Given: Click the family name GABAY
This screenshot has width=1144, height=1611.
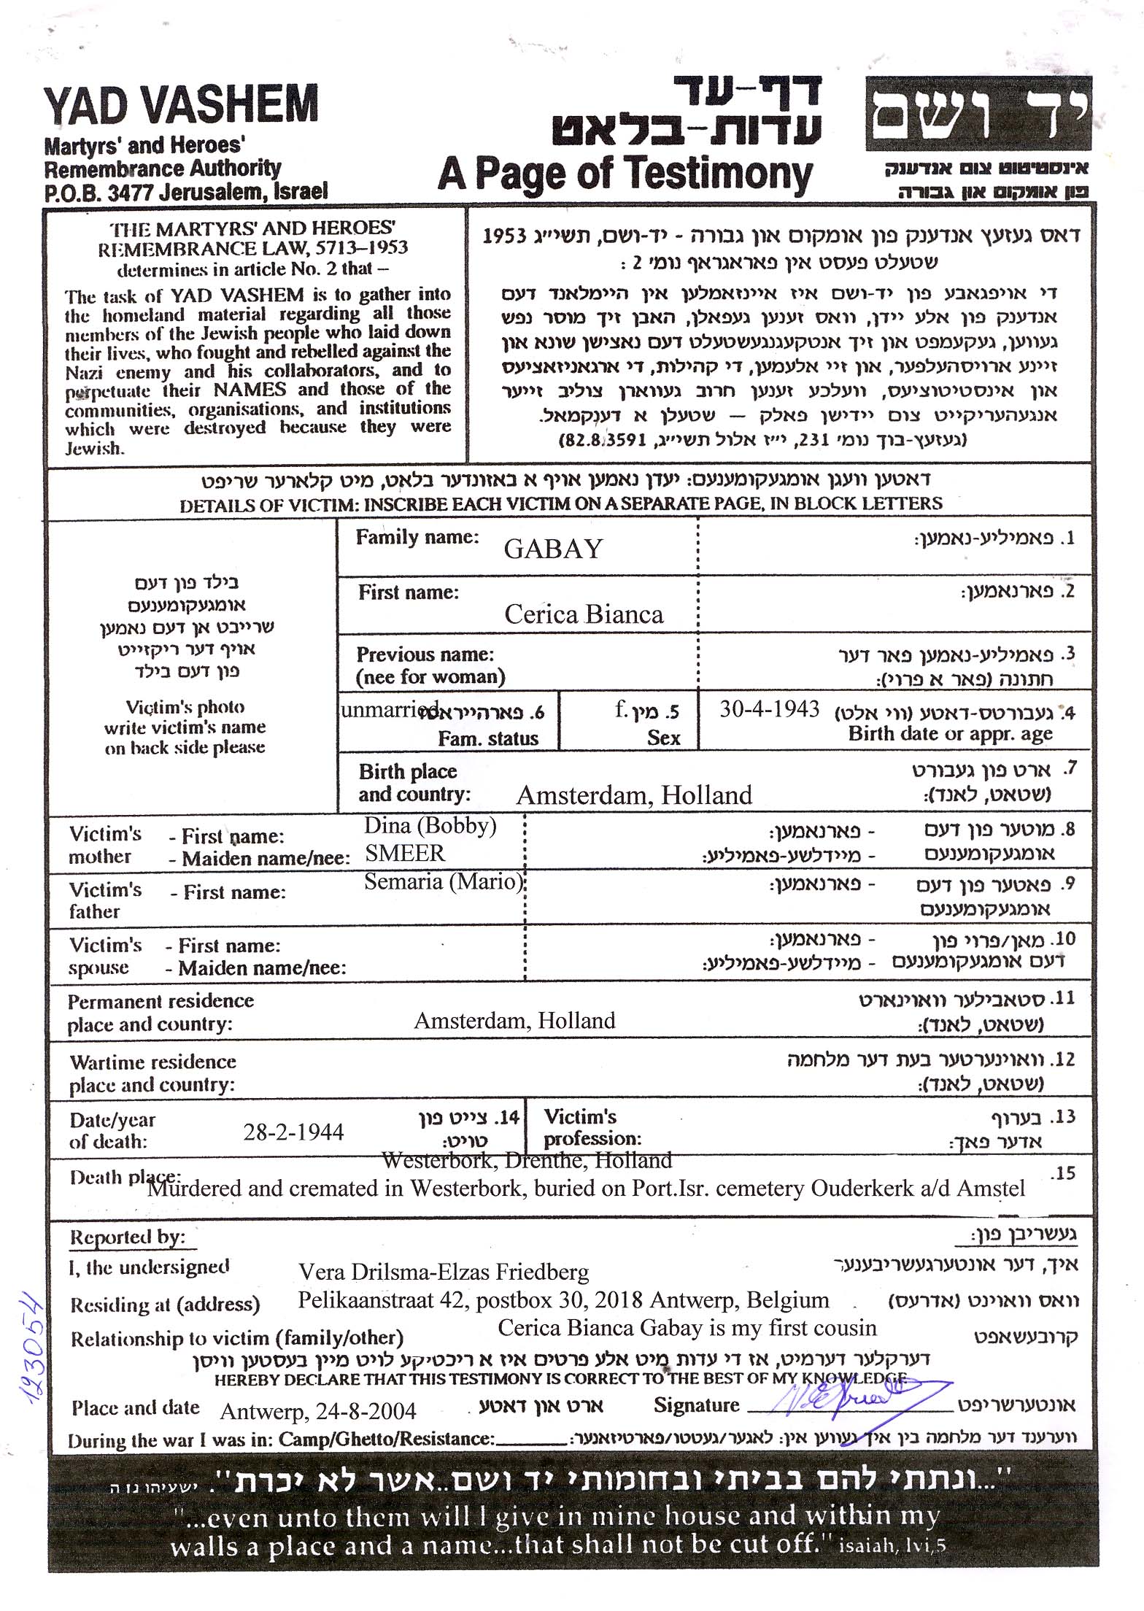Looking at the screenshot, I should pyautogui.click(x=553, y=549).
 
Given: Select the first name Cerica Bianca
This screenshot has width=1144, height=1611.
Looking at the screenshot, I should pyautogui.click(x=584, y=614).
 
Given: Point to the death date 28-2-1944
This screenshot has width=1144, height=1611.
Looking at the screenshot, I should pyautogui.click(x=293, y=1132).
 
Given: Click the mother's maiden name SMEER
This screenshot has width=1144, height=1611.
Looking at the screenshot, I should pyautogui.click(x=405, y=853).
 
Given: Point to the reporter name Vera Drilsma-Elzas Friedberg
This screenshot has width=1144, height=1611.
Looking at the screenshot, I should pyautogui.click(x=444, y=1272).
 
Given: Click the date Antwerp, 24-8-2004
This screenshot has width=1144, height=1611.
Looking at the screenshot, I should pyautogui.click(x=318, y=1411).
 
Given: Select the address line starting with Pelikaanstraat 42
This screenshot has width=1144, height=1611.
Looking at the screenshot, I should pyautogui.click(x=563, y=1300).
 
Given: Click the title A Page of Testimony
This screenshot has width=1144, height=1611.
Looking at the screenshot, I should pyautogui.click(x=625, y=175).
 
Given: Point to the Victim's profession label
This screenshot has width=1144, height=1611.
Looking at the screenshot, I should pyautogui.click(x=592, y=1127).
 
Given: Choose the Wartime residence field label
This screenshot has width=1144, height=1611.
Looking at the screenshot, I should pyautogui.click(x=152, y=1073).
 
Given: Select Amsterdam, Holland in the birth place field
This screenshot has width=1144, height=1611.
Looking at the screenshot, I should pyautogui.click(x=634, y=795).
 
